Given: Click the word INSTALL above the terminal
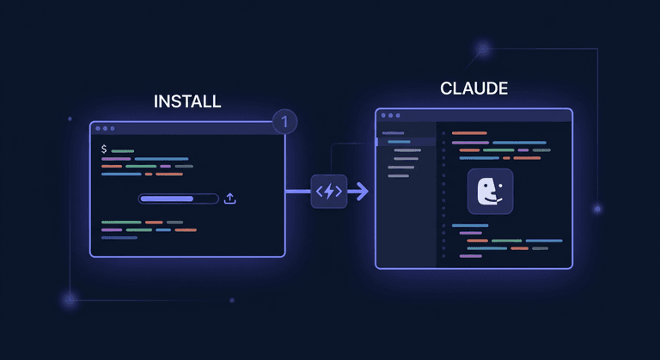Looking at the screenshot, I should [187, 101].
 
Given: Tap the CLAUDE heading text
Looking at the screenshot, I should [474, 88].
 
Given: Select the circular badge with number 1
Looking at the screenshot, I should [284, 122].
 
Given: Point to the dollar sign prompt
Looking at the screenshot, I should [104, 149].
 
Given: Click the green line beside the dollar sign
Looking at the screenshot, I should [123, 151].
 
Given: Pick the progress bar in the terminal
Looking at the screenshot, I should [179, 198].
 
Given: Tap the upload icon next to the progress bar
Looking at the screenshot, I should [229, 198].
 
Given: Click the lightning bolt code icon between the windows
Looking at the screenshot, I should [328, 192].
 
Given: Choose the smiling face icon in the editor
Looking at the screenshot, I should [490, 191].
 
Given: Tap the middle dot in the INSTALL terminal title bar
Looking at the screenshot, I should [106, 129].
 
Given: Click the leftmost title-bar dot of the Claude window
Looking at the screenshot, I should [382, 115].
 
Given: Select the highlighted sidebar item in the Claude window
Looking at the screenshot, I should [398, 142].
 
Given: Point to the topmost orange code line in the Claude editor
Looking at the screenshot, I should [469, 133].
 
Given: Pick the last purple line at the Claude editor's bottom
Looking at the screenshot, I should [471, 256].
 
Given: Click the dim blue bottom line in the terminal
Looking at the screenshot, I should [119, 238].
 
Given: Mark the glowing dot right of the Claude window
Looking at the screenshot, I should [597, 209].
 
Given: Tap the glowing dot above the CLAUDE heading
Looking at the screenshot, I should [483, 49].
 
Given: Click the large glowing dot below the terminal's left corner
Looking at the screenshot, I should [70, 300].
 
